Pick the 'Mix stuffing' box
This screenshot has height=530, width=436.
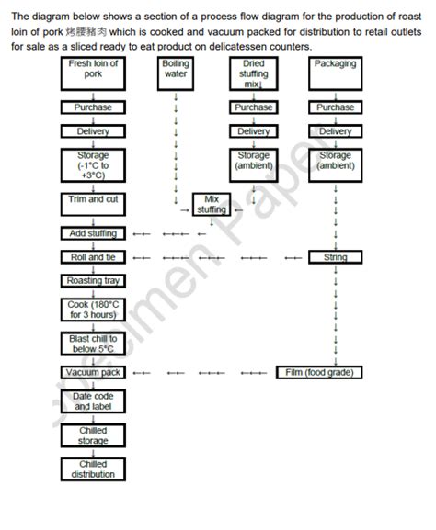211,204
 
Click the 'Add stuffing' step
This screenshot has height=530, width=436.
93,233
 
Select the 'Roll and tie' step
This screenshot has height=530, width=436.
93,257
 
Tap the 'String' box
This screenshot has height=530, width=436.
335,257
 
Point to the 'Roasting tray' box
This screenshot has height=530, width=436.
93,280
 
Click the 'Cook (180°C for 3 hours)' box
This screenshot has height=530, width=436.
93,310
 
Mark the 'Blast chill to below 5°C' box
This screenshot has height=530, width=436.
93,344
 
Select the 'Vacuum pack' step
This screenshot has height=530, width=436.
93,372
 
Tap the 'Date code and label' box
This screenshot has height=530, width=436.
93,400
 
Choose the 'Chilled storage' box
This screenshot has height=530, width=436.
93,435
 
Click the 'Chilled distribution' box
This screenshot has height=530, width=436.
93,469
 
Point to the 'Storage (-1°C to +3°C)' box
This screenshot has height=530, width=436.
93,166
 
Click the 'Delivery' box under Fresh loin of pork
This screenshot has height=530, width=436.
93,131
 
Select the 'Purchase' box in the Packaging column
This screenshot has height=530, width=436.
335,107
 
